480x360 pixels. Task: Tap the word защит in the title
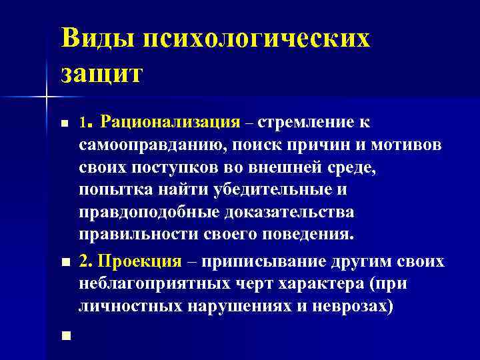coord(101,72)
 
